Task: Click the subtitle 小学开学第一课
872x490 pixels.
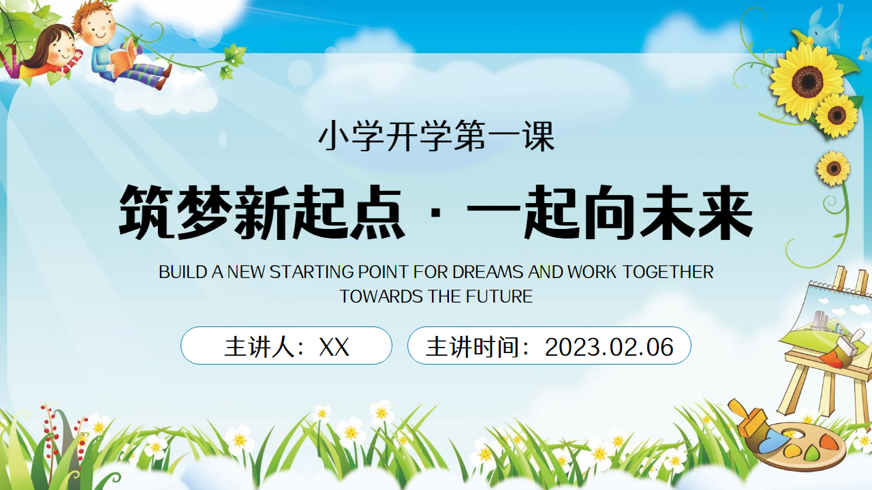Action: click(436, 136)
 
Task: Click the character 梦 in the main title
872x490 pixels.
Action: click(205, 212)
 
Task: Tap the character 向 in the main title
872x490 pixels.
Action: click(610, 212)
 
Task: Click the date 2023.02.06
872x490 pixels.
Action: click(609, 347)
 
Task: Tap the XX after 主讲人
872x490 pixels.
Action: click(334, 347)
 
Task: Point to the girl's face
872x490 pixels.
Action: click(62, 50)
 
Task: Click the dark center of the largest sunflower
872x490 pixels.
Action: click(808, 81)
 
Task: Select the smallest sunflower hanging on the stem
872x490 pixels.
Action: click(833, 168)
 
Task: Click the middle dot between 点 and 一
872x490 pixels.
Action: click(436, 213)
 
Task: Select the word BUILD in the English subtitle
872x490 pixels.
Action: click(183, 272)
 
